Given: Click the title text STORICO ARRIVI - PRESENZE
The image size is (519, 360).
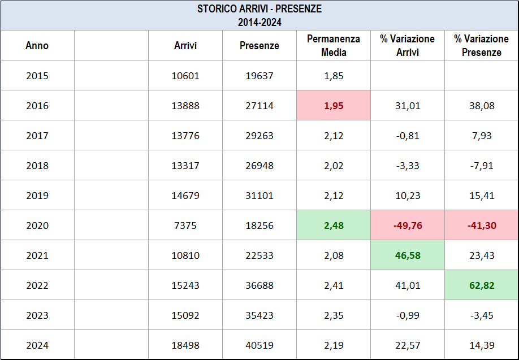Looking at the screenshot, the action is (259, 9).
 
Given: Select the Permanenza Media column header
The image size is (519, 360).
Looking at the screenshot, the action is (334, 45).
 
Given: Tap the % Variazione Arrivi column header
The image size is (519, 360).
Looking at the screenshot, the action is (408, 45).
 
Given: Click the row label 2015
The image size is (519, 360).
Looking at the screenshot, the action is (37, 76).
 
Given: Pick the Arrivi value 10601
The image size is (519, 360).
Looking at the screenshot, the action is (185, 76).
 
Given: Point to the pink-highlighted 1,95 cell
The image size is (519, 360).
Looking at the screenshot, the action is (334, 105).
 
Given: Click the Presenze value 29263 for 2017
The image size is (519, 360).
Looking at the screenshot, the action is (259, 136).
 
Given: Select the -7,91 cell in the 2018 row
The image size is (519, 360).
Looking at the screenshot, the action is (482, 166).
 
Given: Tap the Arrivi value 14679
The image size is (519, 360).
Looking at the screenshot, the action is (185, 196).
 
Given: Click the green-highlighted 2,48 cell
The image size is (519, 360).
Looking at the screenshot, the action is (334, 225).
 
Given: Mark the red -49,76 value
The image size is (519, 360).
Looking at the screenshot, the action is (408, 225).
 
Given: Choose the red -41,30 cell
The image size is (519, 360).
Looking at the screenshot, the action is (482, 225).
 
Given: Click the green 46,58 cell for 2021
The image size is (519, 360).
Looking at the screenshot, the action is (408, 255).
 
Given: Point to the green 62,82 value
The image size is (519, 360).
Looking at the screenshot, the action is (482, 285).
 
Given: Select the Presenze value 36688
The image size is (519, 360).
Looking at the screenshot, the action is (259, 285).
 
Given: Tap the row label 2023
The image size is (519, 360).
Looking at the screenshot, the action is (37, 315).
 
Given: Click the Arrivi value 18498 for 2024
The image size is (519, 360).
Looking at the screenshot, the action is (185, 345).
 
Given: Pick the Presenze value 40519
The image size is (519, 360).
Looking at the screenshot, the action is (259, 345).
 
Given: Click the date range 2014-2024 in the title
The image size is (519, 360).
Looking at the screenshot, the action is (259, 23).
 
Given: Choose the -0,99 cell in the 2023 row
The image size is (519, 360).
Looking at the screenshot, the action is (408, 315).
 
